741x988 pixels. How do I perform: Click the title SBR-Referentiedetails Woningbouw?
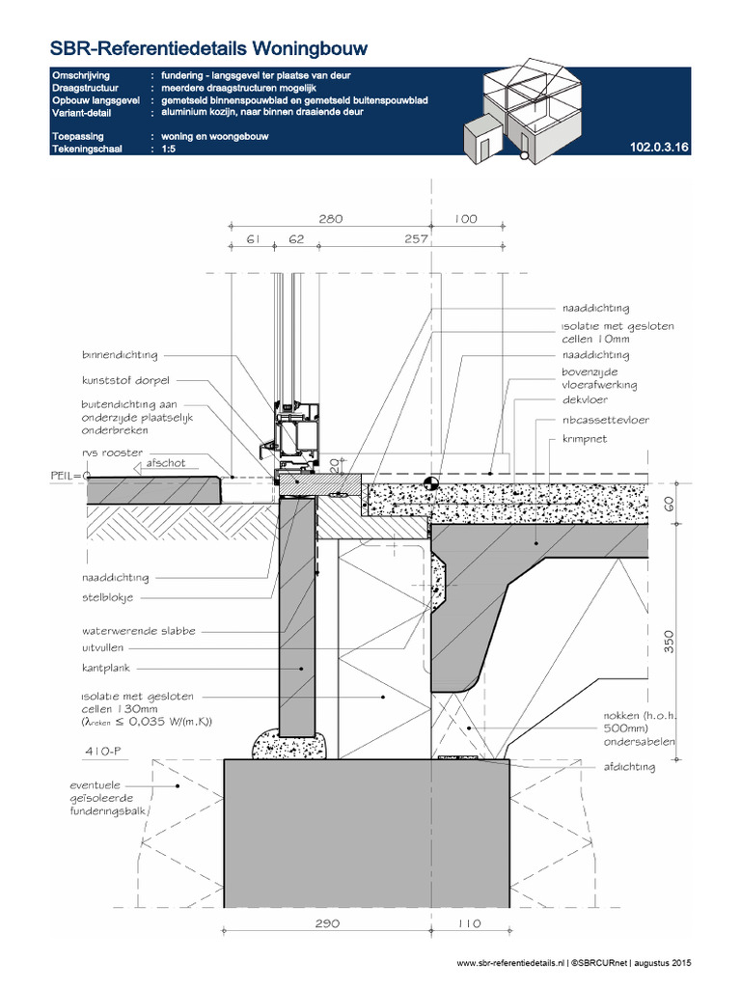[193, 48]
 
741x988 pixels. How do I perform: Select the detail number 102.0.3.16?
[658, 148]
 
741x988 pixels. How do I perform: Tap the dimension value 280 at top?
[330, 220]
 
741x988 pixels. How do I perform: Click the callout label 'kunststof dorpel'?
[124, 380]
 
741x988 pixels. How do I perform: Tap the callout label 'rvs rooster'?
[112, 453]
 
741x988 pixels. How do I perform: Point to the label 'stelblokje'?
[108, 599]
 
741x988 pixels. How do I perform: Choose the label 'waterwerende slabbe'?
[138, 630]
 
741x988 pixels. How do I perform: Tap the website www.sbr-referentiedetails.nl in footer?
[510, 963]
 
